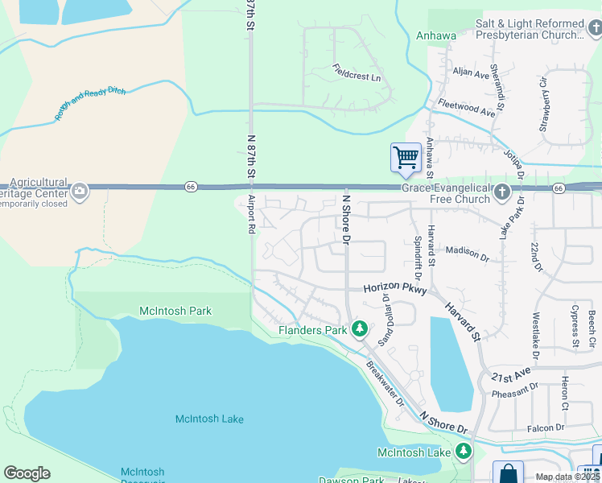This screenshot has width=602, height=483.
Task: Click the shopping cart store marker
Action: pyautogui.click(x=406, y=157)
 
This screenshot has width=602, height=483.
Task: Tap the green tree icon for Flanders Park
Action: pyautogui.click(x=360, y=329)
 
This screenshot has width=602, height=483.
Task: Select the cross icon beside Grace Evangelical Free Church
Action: pyautogui.click(x=502, y=192)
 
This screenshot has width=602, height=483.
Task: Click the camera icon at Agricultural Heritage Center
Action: pyautogui.click(x=80, y=191)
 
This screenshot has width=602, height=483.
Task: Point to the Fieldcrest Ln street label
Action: pyautogui.click(x=357, y=77)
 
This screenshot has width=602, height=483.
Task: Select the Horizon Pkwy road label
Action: pyautogui.click(x=394, y=287)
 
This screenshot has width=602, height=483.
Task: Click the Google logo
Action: pyautogui.click(x=27, y=473)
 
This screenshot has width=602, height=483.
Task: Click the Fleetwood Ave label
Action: pyautogui.click(x=466, y=108)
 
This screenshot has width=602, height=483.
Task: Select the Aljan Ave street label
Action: pyautogui.click(x=471, y=73)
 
